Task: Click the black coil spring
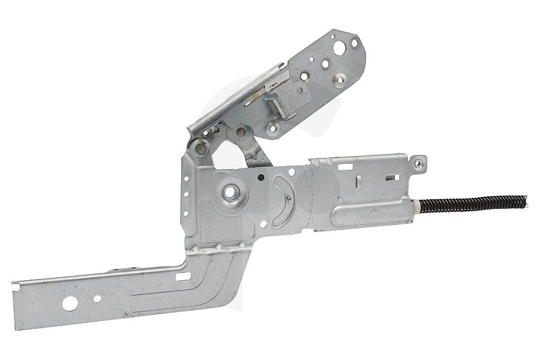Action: point(474,203)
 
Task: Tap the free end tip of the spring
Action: point(526,197)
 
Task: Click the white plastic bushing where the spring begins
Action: point(416,207)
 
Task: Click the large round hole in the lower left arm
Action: point(70,304)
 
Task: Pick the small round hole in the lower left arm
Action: point(97,298)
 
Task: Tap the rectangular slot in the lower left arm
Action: point(184,277)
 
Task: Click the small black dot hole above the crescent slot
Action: point(260,178)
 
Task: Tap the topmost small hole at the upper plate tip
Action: point(354,43)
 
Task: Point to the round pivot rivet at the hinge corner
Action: point(200,146)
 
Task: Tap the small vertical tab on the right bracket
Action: point(358,181)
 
